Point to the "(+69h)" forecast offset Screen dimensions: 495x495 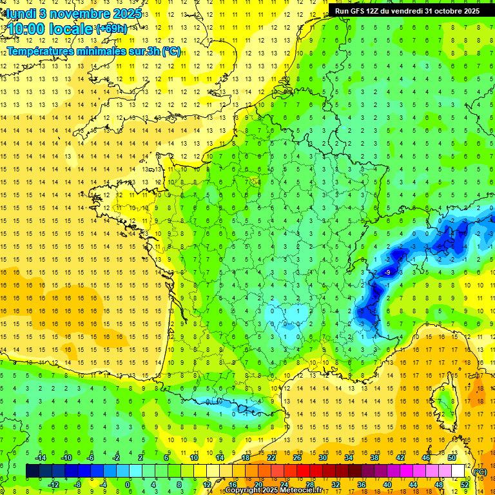coord(112,28)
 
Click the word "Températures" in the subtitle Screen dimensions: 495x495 coord(46,51)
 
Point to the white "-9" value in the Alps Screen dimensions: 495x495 coord(387,273)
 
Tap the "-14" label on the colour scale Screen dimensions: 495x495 coord(40,457)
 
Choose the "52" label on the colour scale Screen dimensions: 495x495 coord(464,485)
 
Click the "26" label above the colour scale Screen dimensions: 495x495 coord(297,457)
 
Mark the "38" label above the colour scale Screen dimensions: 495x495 coord(374,457)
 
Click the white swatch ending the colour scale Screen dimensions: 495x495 coord(458,471)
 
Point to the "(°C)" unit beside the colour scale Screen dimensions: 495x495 coord(480,471)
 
